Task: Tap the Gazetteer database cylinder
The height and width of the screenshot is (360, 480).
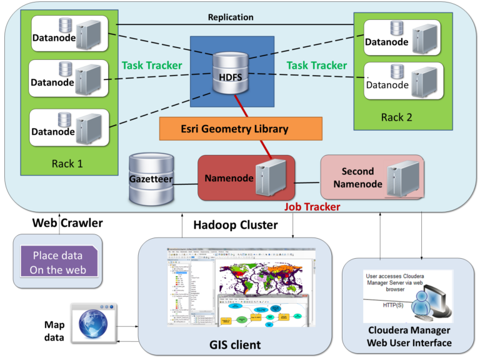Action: click(150, 179)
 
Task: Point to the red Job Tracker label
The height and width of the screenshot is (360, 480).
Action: click(312, 206)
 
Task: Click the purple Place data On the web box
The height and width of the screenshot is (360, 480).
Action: click(58, 263)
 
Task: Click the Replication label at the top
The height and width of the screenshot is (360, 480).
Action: click(231, 17)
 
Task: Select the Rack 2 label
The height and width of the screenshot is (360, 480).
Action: click(398, 117)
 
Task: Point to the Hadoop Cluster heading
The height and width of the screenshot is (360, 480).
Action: click(235, 225)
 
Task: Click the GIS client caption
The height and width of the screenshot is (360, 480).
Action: click(235, 344)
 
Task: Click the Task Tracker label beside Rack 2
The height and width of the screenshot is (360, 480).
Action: click(316, 66)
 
